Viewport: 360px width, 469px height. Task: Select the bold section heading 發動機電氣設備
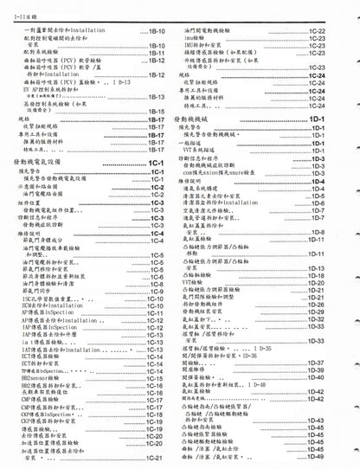[x=42, y=163]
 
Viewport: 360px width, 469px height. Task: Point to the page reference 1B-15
[x=157, y=111]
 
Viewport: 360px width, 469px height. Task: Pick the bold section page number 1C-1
[x=157, y=163]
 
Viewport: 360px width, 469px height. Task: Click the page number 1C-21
[x=157, y=458]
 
